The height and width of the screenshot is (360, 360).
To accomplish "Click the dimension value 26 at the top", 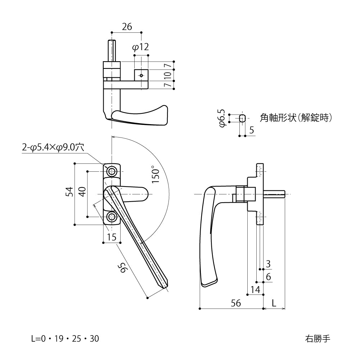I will (x=127, y=27).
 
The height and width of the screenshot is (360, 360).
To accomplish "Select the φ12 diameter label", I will (x=140, y=47).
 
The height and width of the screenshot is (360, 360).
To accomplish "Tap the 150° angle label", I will (x=155, y=175).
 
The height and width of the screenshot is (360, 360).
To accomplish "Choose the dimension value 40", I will (x=82, y=192).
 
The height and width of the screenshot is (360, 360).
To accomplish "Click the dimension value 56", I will (x=236, y=303).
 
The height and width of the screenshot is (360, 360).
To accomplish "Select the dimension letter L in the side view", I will (x=274, y=303).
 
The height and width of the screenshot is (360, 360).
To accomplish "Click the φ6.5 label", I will (x=222, y=118).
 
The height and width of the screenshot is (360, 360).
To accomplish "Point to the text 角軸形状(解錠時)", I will (x=295, y=118).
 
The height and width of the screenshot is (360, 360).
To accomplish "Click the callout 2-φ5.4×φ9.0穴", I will (x=53, y=147).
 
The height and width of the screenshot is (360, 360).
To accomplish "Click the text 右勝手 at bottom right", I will (x=317, y=339).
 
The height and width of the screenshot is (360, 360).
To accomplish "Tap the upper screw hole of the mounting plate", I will (x=112, y=170).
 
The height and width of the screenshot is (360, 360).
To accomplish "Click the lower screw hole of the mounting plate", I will (x=112, y=217).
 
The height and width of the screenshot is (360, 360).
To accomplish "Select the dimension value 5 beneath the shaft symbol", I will (x=251, y=130).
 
